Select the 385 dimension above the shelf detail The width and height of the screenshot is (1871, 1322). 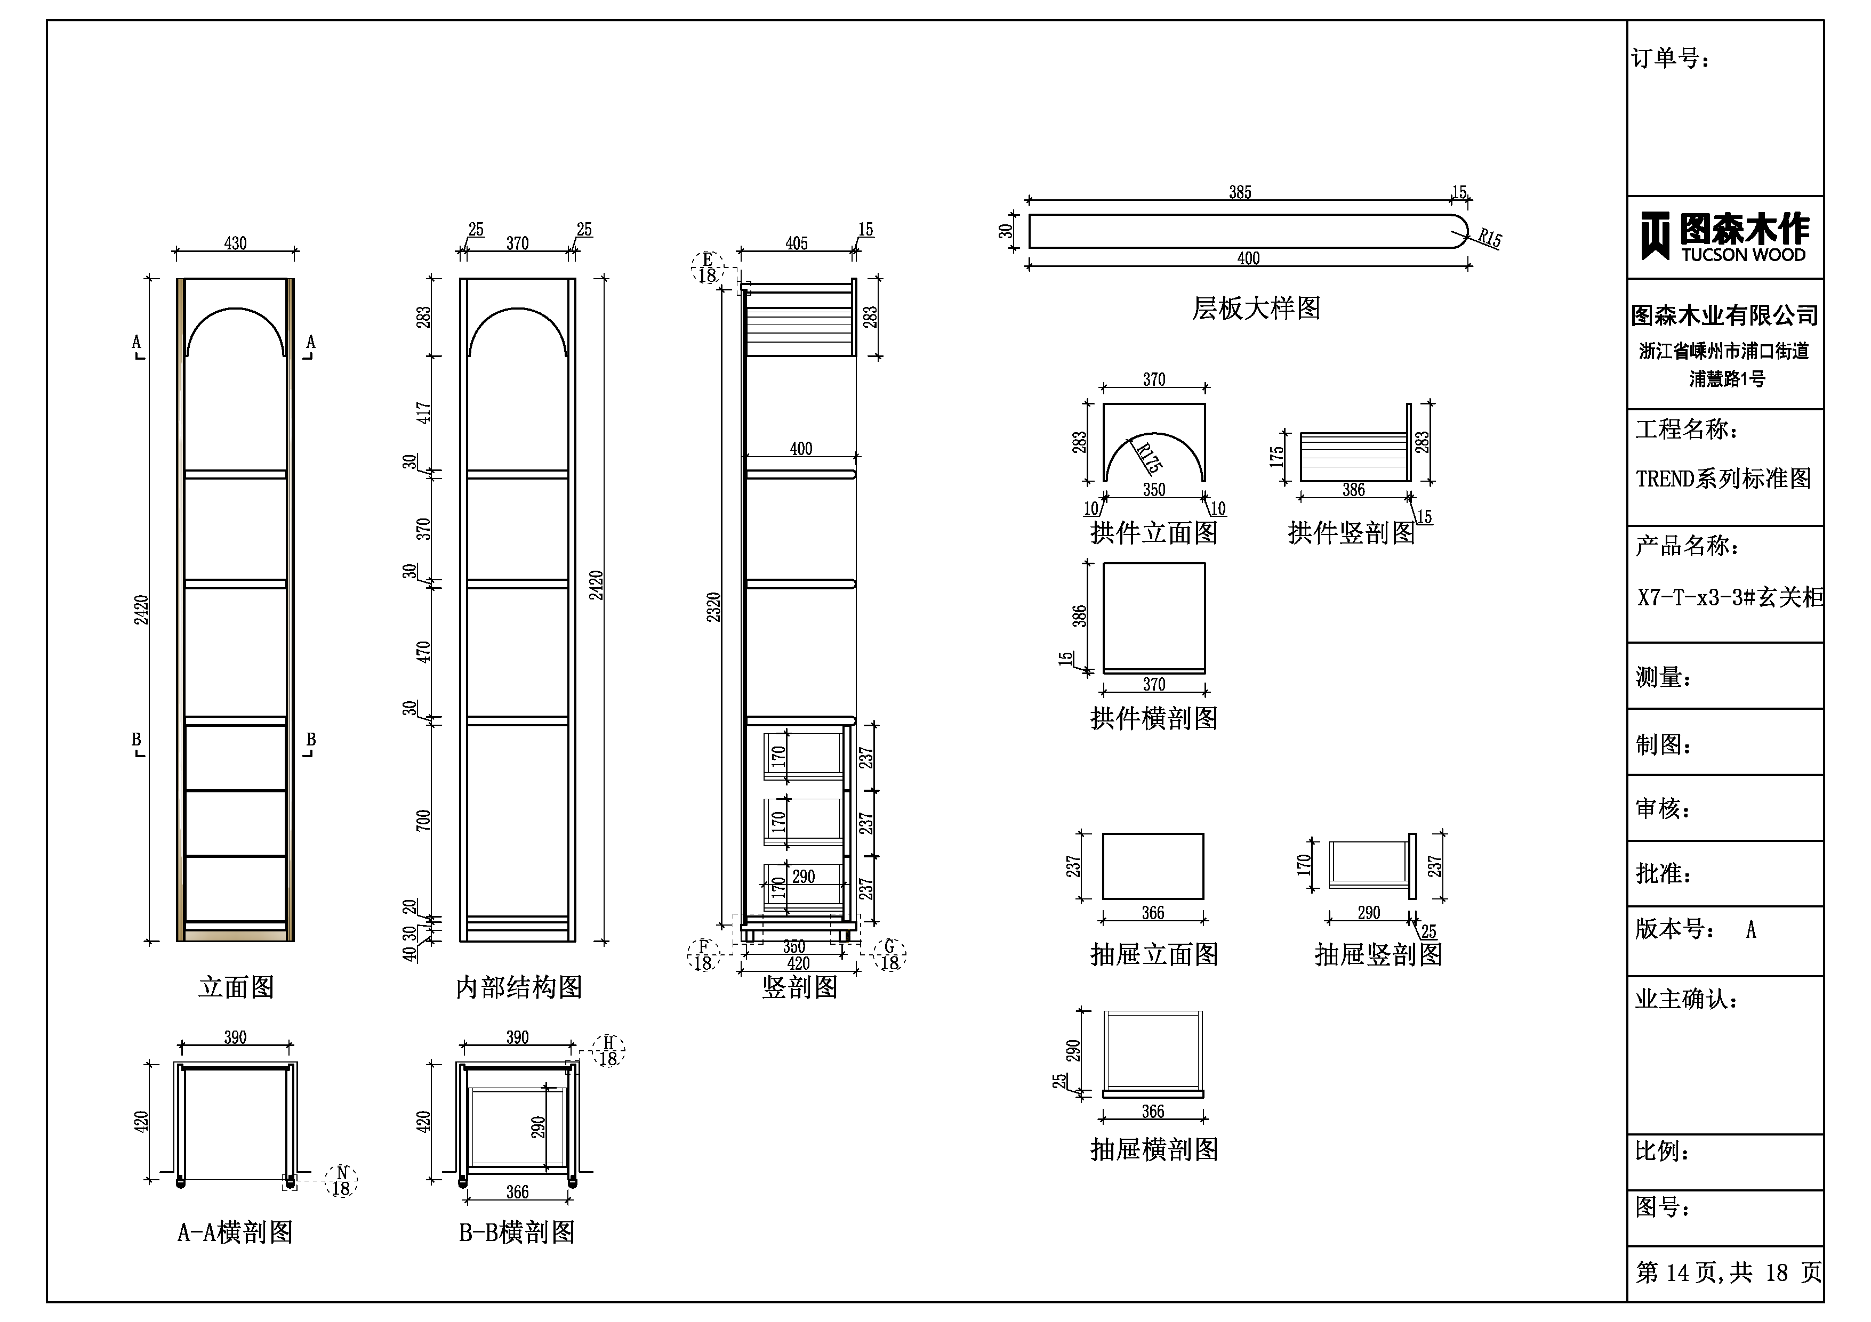click(x=1240, y=192)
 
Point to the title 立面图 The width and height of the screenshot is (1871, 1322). click(x=236, y=987)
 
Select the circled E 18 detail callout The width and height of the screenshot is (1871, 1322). click(x=706, y=267)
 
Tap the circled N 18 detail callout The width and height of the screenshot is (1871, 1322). click(x=341, y=1180)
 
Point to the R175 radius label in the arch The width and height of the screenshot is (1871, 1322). click(x=1147, y=458)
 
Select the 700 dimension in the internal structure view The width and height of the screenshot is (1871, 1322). click(x=423, y=820)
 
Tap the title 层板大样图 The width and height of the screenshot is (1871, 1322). click(x=1256, y=308)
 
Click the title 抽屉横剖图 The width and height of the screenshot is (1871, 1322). click(x=1154, y=1149)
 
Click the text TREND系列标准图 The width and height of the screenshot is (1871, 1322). click(x=1723, y=478)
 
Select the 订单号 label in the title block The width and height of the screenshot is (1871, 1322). click(x=1670, y=59)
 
